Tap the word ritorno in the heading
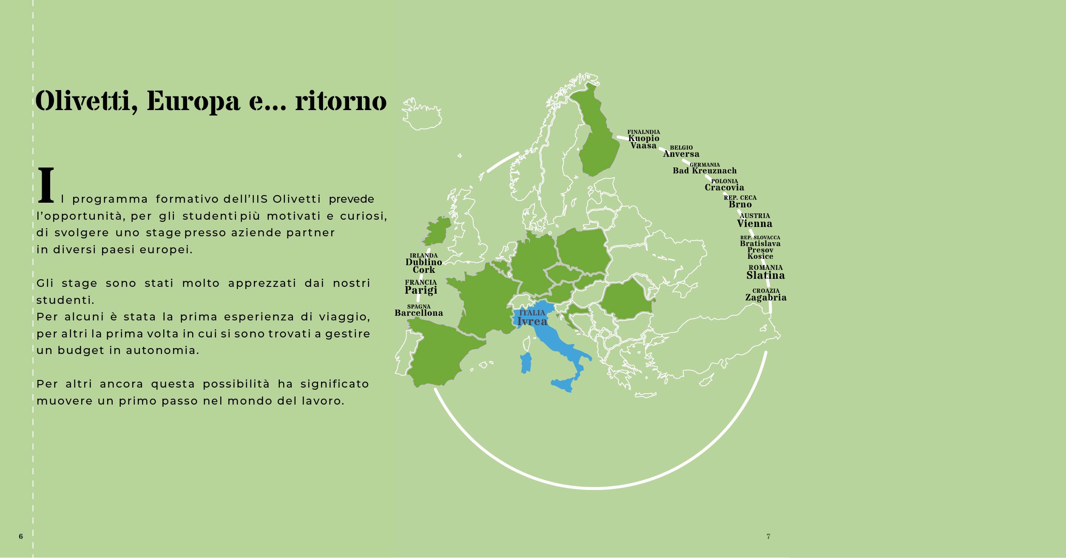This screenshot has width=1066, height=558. pos(341,102)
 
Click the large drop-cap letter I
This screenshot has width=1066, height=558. pos(46,185)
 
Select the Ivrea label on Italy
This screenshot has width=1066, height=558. pos(532,322)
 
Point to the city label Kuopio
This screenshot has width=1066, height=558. pos(644,138)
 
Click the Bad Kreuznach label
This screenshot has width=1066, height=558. pos(705,171)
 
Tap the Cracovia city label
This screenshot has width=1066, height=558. pos(724,187)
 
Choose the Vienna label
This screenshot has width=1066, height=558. pos(754,224)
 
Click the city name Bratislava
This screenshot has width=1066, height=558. pos(760,244)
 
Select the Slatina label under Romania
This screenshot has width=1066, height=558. pos(765,275)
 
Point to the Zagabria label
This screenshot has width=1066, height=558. pos(765,297)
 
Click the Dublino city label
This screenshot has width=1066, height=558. pos(424,262)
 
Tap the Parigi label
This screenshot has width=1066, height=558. pos(421,290)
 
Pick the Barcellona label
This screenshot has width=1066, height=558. pos(419,313)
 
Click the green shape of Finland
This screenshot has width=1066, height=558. pos(597,140)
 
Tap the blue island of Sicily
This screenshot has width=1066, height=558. pos(563,385)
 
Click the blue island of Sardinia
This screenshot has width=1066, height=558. pos(526,363)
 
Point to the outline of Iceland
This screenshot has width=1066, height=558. pos(421,115)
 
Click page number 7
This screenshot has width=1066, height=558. pos(768,536)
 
